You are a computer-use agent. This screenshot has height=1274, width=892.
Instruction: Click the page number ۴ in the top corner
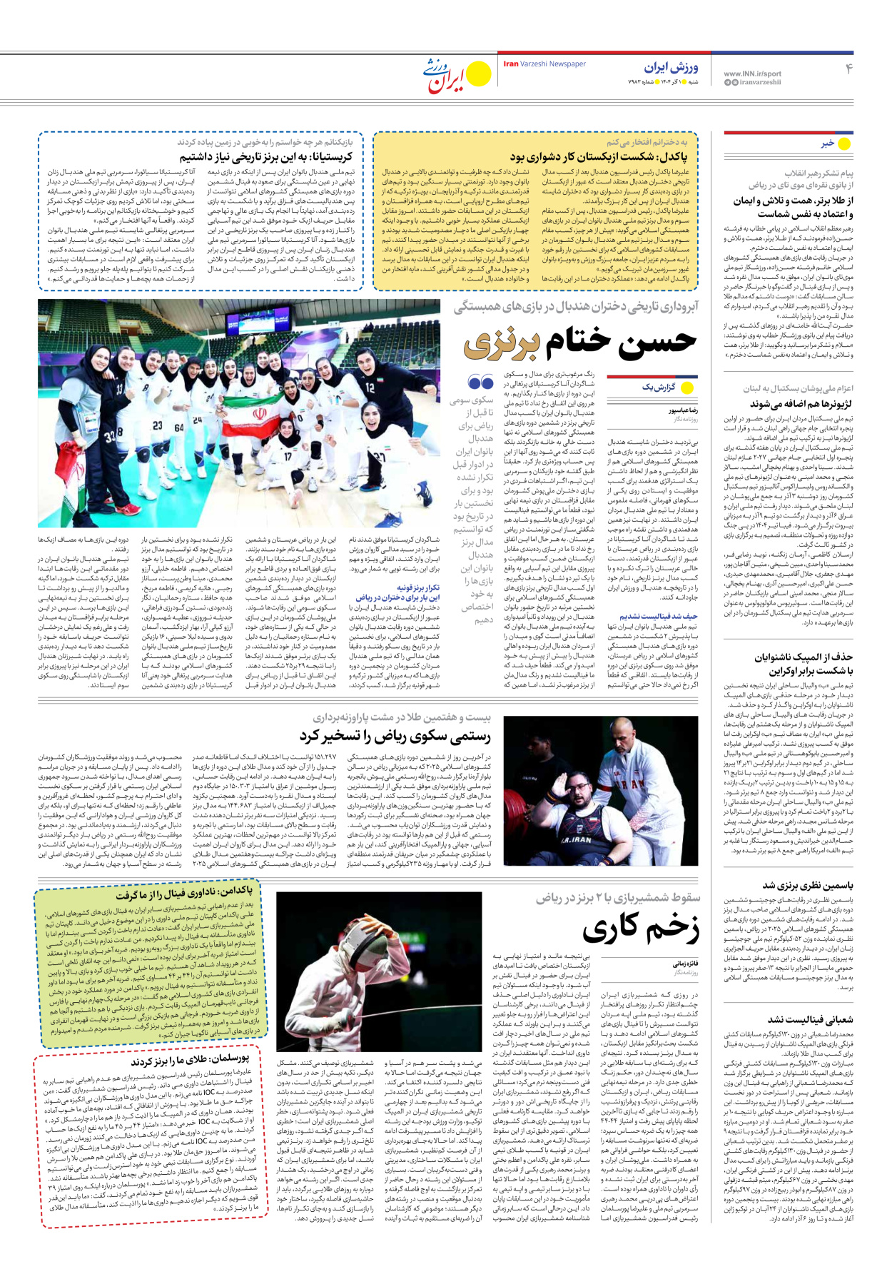848,69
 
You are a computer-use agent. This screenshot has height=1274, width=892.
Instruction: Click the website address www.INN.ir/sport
752,74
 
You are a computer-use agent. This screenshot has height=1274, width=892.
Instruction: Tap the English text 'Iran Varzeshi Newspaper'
544,64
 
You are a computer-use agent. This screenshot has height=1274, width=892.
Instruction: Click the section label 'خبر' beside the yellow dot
827,143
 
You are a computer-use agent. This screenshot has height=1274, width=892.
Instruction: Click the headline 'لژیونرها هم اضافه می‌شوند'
801,404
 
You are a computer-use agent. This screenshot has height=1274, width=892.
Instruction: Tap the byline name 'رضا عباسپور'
683,411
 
